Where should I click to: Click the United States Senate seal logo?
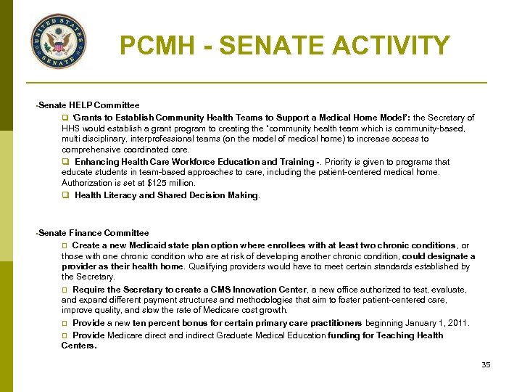click(59, 41)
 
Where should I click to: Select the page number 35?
click(486, 364)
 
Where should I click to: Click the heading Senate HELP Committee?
click(89, 106)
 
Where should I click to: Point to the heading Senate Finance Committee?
click(94, 233)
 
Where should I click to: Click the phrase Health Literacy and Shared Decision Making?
click(167, 195)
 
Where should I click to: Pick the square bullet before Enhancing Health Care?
click(65, 162)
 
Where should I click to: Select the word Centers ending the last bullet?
click(78, 346)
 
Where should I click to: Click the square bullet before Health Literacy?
click(65, 195)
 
